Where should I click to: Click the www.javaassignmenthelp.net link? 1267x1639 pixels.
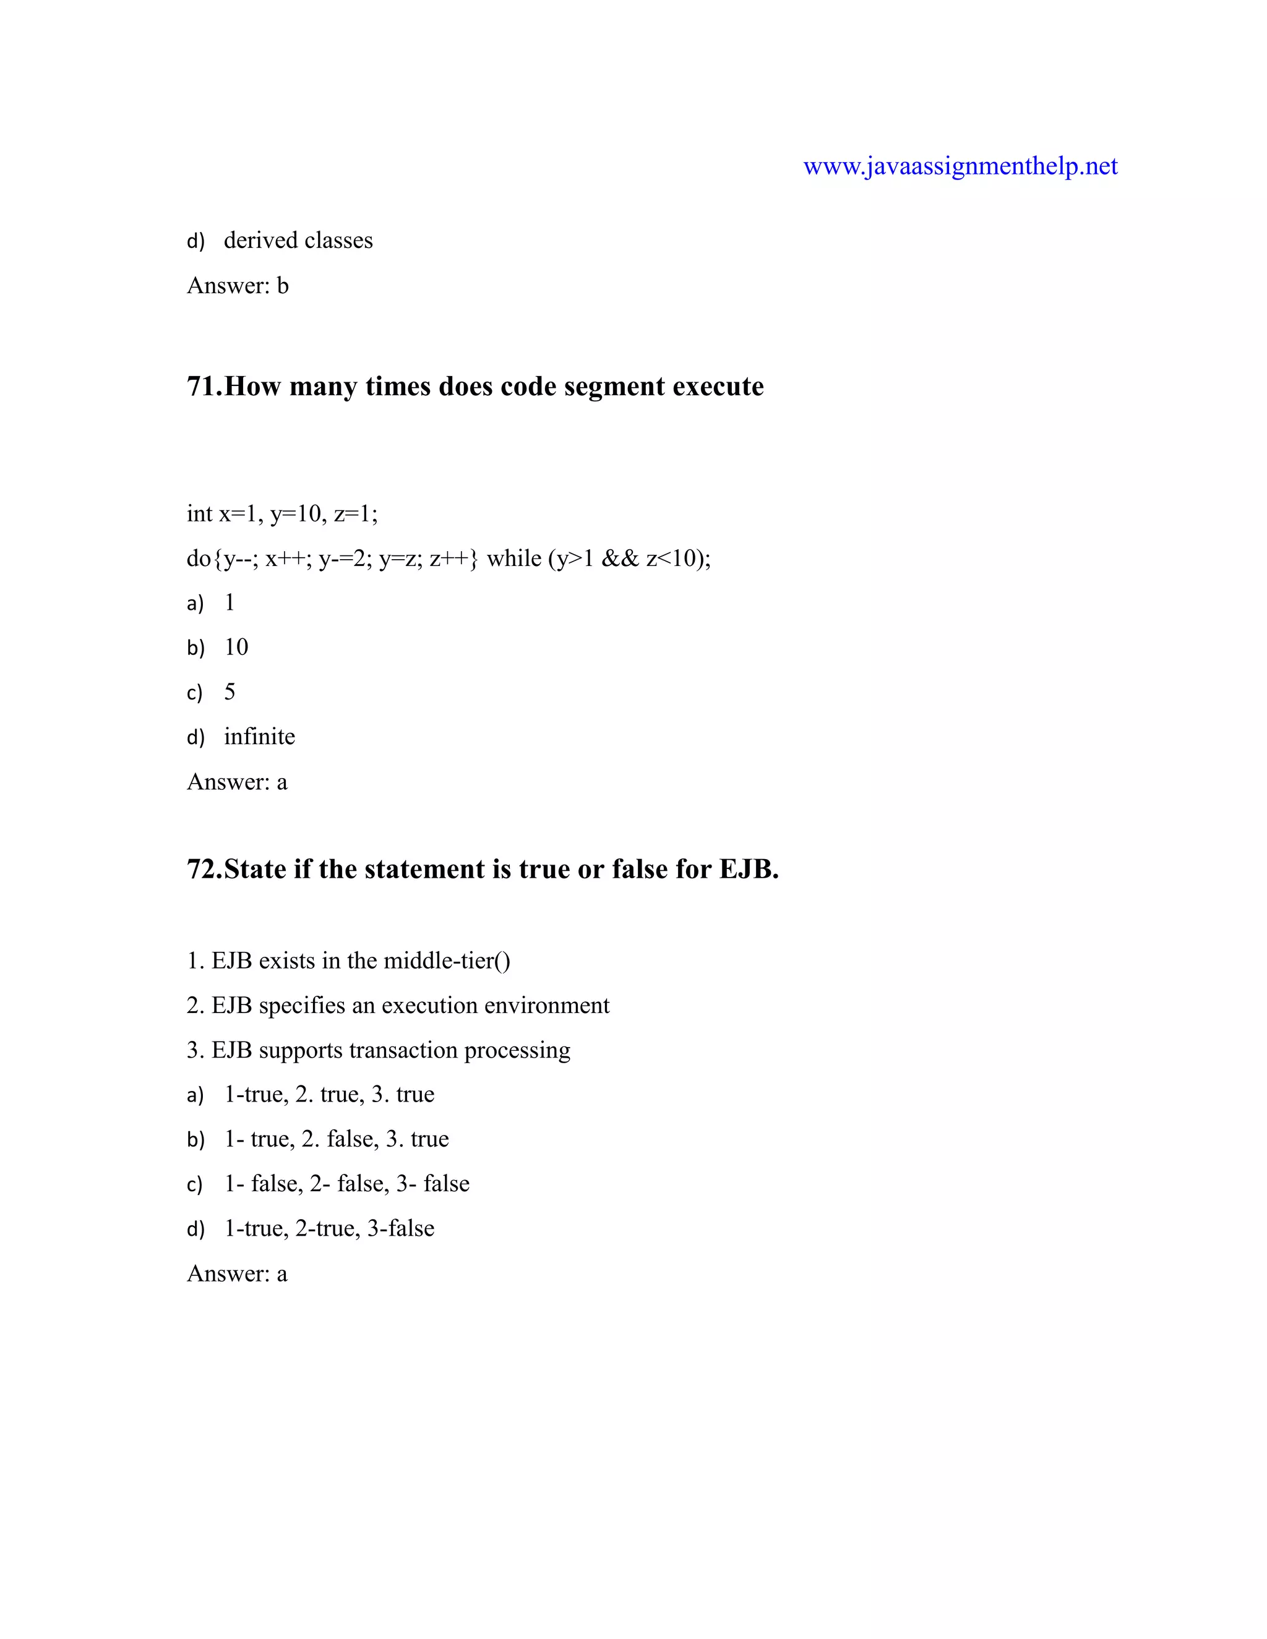point(960,166)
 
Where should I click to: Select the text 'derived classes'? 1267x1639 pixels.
point(298,240)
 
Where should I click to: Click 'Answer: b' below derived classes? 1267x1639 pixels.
point(237,286)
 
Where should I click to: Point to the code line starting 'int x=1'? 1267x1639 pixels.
point(282,513)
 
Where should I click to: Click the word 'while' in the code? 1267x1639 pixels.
point(514,558)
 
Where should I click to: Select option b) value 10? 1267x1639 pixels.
point(236,647)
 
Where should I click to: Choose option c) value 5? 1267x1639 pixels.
point(230,691)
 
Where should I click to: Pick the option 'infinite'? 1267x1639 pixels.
point(260,736)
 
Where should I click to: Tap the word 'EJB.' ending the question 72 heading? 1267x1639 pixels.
point(749,869)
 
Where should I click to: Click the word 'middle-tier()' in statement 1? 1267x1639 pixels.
point(447,961)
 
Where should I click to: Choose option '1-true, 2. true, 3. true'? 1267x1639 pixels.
point(329,1094)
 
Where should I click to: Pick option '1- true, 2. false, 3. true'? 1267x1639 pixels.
point(337,1139)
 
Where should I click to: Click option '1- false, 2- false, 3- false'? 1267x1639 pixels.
point(347,1183)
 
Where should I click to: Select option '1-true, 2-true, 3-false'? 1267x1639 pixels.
point(329,1228)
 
